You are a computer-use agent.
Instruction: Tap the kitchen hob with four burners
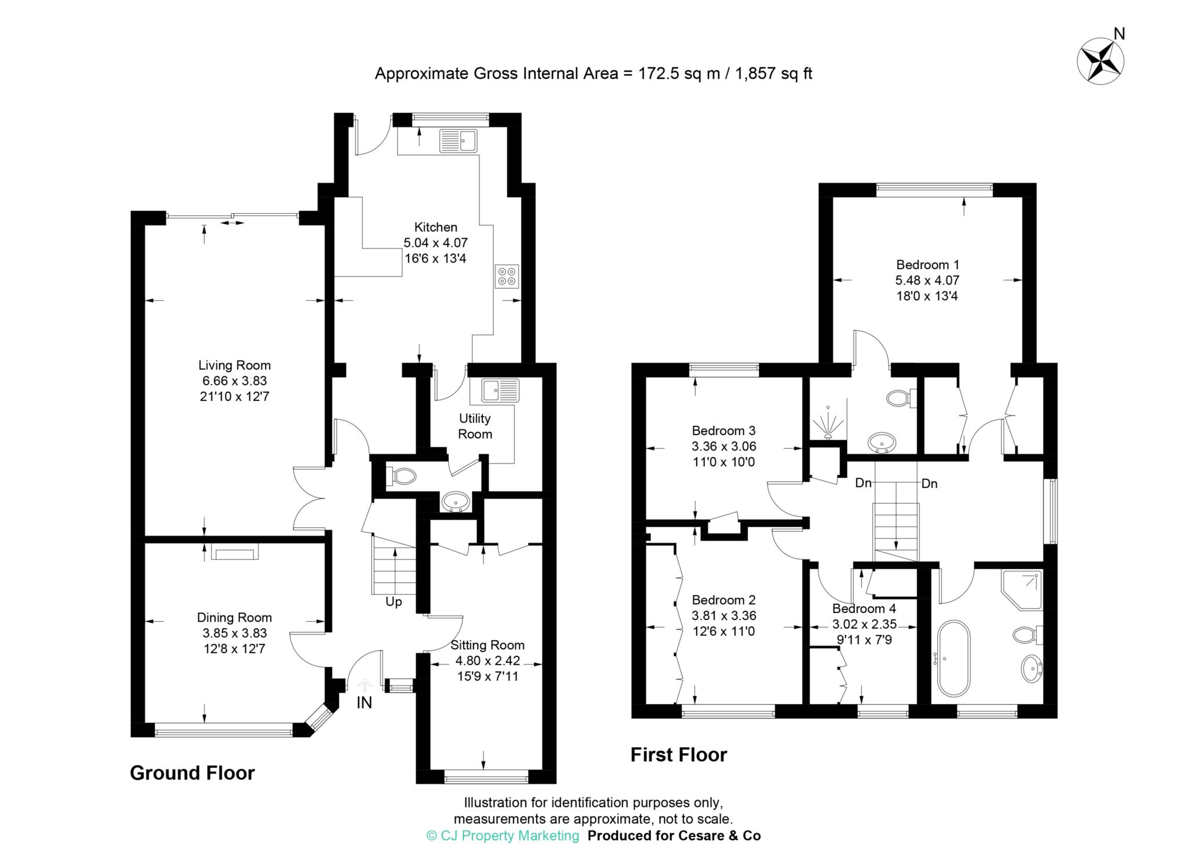coord(507,276)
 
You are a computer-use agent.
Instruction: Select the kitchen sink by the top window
coord(458,140)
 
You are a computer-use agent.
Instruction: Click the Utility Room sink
coord(495,390)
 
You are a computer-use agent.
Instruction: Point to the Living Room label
coord(234,366)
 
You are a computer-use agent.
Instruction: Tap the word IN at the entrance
coord(364,703)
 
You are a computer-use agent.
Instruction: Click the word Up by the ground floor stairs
coord(394,602)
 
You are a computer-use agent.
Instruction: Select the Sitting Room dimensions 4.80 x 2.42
coord(487,661)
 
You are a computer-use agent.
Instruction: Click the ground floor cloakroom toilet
coord(401,476)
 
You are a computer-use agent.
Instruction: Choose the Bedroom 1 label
coord(927,265)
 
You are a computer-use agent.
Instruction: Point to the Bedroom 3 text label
coord(724,431)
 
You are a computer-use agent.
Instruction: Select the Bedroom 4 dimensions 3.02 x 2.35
coord(864,624)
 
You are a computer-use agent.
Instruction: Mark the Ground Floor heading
coord(192,773)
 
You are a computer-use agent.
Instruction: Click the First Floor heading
coord(679,754)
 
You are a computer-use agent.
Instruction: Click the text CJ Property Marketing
coord(503,836)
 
